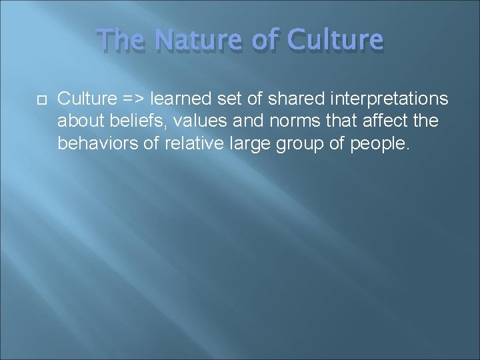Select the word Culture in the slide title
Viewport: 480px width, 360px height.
(x=335, y=41)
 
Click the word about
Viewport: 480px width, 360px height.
(x=77, y=121)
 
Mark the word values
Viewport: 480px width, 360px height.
(x=195, y=121)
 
